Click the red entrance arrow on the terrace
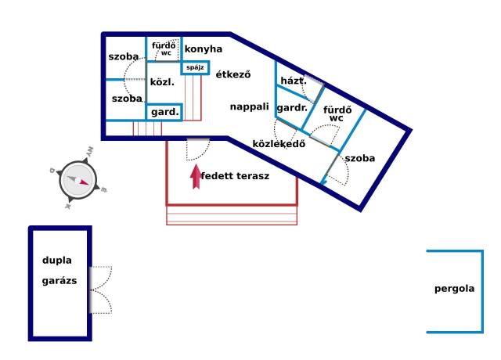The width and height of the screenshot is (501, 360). click(196, 176)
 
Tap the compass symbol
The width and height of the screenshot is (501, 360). click(78, 180)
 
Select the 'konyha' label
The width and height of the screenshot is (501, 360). click(204, 49)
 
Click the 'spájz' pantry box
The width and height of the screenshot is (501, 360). click(195, 68)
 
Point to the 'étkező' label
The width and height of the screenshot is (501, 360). click(233, 74)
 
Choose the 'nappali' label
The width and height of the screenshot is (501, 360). click(250, 106)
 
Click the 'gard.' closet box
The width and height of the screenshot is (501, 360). click(164, 112)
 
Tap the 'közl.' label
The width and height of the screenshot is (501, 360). click(162, 82)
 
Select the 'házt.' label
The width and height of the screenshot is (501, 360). click(294, 81)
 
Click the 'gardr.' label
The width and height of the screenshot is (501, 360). click(292, 108)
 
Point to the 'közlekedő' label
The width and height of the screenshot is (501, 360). click(279, 144)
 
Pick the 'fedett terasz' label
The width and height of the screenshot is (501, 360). click(235, 176)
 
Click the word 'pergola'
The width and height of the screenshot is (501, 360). click(454, 289)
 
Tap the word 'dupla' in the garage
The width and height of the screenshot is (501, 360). click(57, 261)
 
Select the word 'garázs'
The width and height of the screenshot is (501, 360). click(59, 281)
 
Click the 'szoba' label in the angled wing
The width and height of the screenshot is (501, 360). click(360, 158)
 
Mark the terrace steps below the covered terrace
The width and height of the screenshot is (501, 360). click(232, 215)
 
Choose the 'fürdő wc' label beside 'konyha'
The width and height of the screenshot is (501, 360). click(164, 49)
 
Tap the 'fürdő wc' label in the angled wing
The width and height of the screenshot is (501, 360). click(337, 113)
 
